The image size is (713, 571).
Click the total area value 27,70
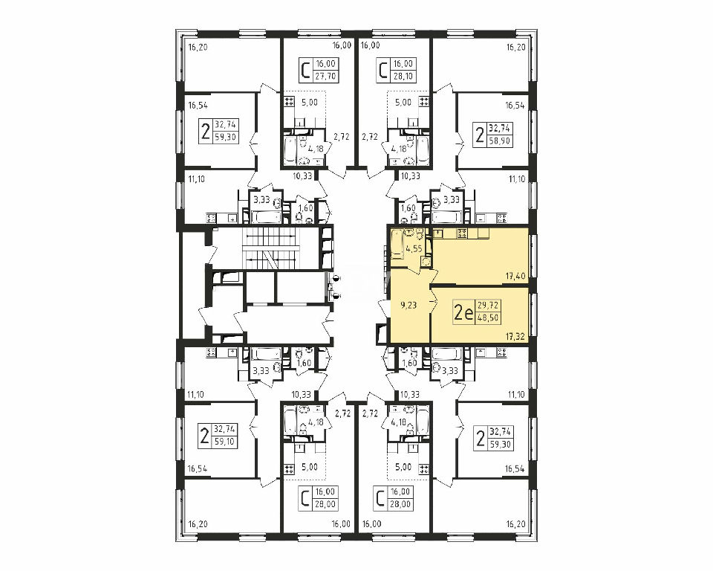coord(325,76)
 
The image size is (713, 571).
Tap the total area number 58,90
coord(500,141)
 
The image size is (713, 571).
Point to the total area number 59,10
coord(225,441)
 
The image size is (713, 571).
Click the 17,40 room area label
coord(515,276)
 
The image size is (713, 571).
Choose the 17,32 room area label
coord(515,337)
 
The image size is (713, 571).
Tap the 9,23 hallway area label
coord(408,306)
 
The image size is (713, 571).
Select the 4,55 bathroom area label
coord(414,249)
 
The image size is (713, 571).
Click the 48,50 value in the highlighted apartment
coord(488,318)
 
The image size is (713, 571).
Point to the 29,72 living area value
coord(488,306)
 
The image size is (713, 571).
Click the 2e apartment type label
coord(463,312)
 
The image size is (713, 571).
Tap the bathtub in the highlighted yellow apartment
coord(397,244)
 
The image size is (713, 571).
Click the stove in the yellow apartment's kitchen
coord(462,233)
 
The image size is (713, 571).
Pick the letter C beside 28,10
coord(383,70)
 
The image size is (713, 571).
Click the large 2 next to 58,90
coord(479,135)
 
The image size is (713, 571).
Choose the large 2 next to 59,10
coord(205,435)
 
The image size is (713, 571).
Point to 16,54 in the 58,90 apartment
coord(515,106)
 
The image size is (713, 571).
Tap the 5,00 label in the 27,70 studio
coord(310,103)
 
